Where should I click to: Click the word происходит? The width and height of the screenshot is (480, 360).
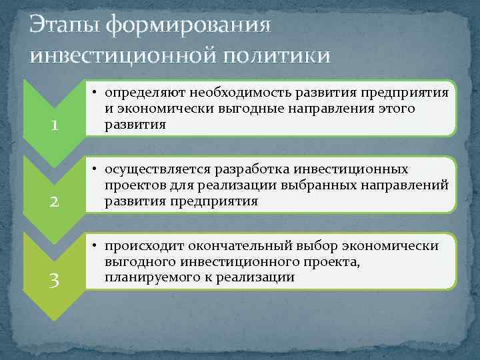coord(145,247)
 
